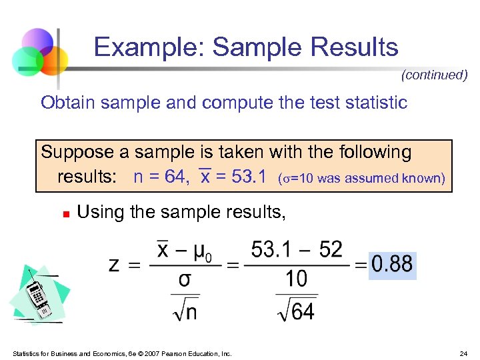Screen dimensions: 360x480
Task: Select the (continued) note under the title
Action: (434, 75)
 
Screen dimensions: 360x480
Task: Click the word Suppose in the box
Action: (77, 153)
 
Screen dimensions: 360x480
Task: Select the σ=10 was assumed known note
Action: (361, 178)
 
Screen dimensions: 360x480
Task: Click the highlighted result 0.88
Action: (392, 263)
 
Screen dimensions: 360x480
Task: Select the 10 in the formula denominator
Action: (297, 278)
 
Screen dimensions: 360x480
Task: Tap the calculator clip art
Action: (38, 296)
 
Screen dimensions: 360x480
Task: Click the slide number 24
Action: (463, 353)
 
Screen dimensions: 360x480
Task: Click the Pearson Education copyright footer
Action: (121, 353)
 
